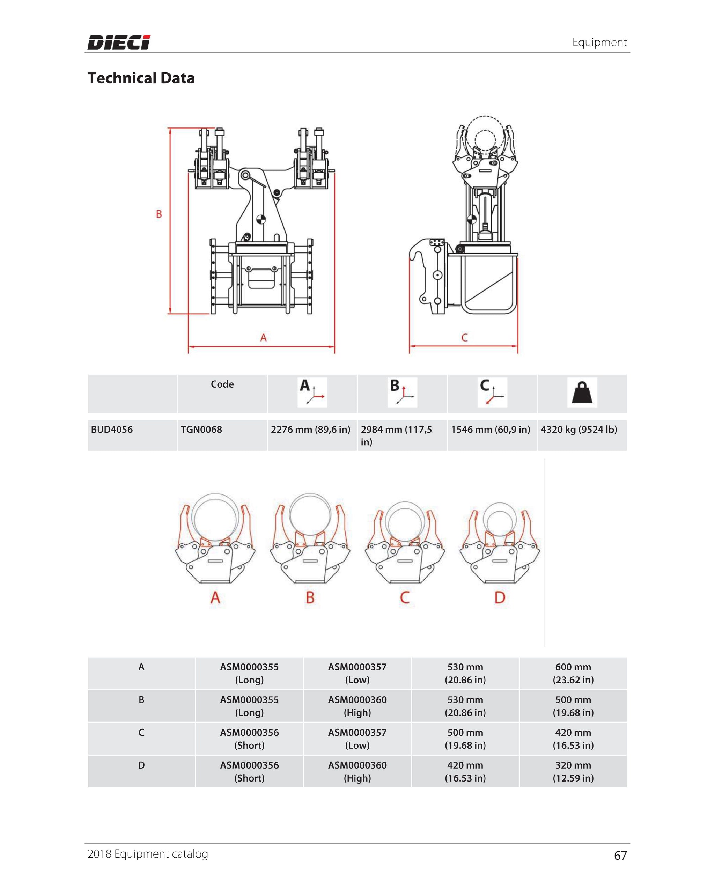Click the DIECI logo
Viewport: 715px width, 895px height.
[x=119, y=42]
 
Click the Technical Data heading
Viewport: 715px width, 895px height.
[x=141, y=78]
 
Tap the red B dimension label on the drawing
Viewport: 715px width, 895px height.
[x=159, y=214]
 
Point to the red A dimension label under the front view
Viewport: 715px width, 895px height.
[x=263, y=338]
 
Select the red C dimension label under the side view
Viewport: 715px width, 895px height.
[x=464, y=338]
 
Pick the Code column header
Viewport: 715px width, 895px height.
[x=222, y=384]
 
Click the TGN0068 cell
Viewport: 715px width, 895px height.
[x=201, y=429]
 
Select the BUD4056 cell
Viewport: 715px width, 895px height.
[x=112, y=429]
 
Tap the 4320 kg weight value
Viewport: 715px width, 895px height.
[x=578, y=429]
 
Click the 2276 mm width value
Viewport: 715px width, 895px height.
[x=310, y=429]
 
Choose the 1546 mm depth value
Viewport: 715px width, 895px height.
[x=491, y=429]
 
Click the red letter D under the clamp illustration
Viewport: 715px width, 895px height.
[x=500, y=598]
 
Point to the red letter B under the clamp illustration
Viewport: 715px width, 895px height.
[x=310, y=598]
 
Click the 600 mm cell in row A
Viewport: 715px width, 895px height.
[x=573, y=673]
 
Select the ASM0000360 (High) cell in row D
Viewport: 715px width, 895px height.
[x=357, y=771]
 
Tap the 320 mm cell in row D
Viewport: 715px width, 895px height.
[x=573, y=771]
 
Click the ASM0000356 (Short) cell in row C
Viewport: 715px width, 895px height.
[x=249, y=739]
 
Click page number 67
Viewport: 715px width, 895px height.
[x=620, y=855]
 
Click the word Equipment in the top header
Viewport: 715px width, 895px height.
[x=599, y=42]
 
